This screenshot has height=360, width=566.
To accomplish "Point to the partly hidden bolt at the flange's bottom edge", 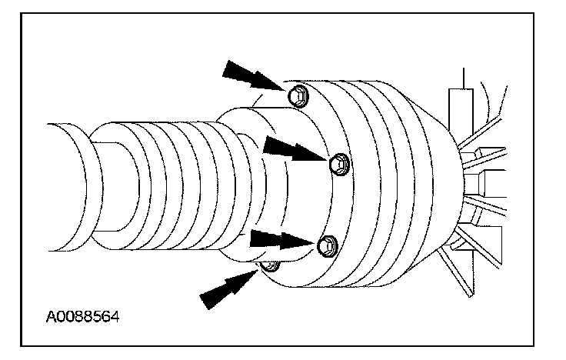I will (270, 267).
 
